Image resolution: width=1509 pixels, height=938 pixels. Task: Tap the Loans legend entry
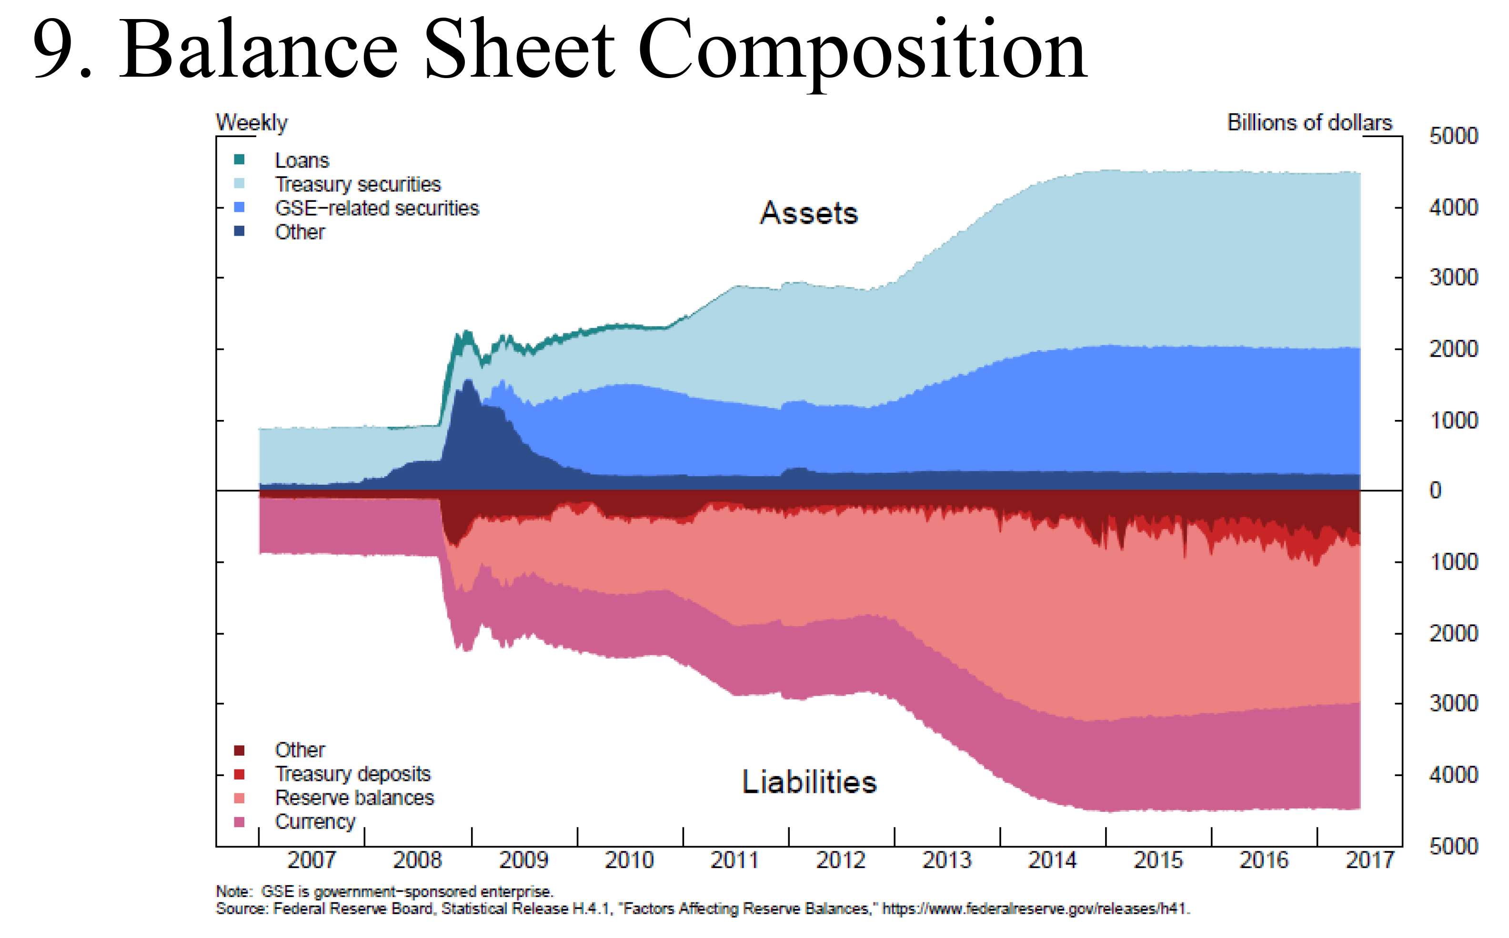click(302, 160)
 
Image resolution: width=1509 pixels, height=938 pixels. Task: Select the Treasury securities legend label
click(357, 184)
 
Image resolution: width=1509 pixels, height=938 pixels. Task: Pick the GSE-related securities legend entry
click(377, 209)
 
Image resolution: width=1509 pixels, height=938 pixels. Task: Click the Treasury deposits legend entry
click(352, 774)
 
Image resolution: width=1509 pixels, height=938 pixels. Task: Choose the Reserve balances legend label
click(354, 798)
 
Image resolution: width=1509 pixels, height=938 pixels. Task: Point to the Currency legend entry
click(315, 821)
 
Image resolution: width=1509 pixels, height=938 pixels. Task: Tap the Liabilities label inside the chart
click(809, 782)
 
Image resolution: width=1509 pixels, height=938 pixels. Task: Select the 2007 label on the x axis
click(312, 860)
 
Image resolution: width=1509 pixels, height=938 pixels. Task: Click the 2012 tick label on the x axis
click(841, 860)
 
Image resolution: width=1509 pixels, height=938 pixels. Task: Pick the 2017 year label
click(1369, 860)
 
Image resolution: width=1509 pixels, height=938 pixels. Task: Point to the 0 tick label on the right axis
click(1435, 491)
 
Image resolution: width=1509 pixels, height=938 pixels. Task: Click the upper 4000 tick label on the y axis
click(1453, 207)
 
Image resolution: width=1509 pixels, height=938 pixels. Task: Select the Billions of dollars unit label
click(1309, 123)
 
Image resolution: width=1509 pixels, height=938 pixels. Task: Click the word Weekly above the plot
click(252, 123)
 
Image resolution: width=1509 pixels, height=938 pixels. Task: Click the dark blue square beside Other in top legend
click(240, 231)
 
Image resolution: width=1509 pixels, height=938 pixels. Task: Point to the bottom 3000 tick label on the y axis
click(1453, 704)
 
